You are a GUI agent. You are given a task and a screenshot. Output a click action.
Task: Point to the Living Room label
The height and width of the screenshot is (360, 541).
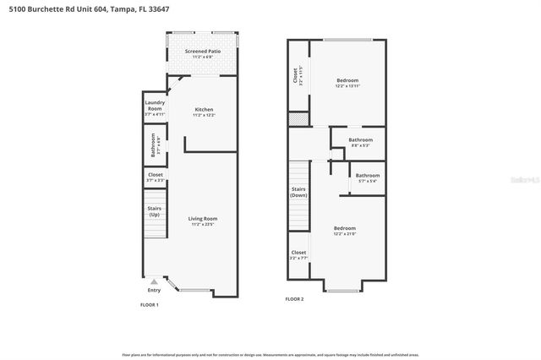(203, 221)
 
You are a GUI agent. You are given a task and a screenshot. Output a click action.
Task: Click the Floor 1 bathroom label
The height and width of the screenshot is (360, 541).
(155, 145)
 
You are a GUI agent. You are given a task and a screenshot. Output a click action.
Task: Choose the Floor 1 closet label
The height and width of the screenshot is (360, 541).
(155, 177)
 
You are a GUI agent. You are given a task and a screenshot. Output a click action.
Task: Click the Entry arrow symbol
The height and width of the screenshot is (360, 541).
(153, 281)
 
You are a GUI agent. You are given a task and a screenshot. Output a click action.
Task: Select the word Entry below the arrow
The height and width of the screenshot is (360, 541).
(153, 290)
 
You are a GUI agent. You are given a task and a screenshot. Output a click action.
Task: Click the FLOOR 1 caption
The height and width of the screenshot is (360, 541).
(149, 303)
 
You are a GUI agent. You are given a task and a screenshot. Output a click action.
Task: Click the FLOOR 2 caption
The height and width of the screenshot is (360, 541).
(294, 298)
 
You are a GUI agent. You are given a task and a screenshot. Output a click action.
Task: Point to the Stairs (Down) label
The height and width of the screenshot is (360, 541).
(298, 192)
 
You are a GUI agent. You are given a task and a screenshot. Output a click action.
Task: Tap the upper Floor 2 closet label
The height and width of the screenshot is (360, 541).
(296, 75)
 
